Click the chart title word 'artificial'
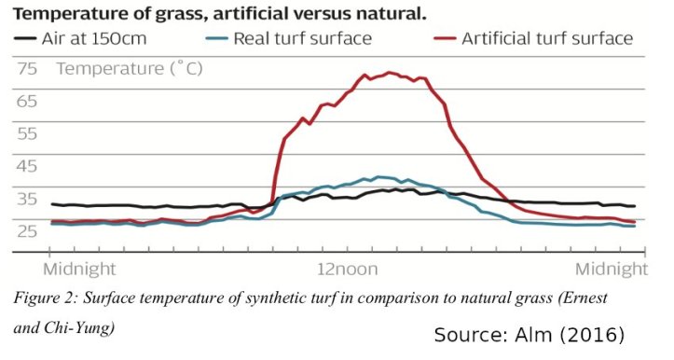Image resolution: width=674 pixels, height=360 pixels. pos(244,14)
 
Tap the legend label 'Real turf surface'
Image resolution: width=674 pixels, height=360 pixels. pos(303,38)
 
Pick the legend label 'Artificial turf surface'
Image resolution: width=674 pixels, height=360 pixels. pos(547,38)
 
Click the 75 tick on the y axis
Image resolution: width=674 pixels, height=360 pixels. pos(27,69)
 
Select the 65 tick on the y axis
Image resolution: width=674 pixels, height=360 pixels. pos(27,101)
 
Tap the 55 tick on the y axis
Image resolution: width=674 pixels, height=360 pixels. pos(27,133)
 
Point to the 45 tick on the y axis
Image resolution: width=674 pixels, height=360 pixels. pos(27,166)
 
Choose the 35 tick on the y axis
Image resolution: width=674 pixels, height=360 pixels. pos(27,199)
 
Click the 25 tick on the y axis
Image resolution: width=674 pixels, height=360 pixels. pos(27,230)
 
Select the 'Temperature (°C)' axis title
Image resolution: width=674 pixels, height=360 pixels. pos(129,69)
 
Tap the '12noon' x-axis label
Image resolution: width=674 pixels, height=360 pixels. pos(348,270)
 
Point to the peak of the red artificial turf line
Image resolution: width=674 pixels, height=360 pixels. pos(390,73)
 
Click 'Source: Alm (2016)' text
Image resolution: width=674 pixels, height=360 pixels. pos(529,335)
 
